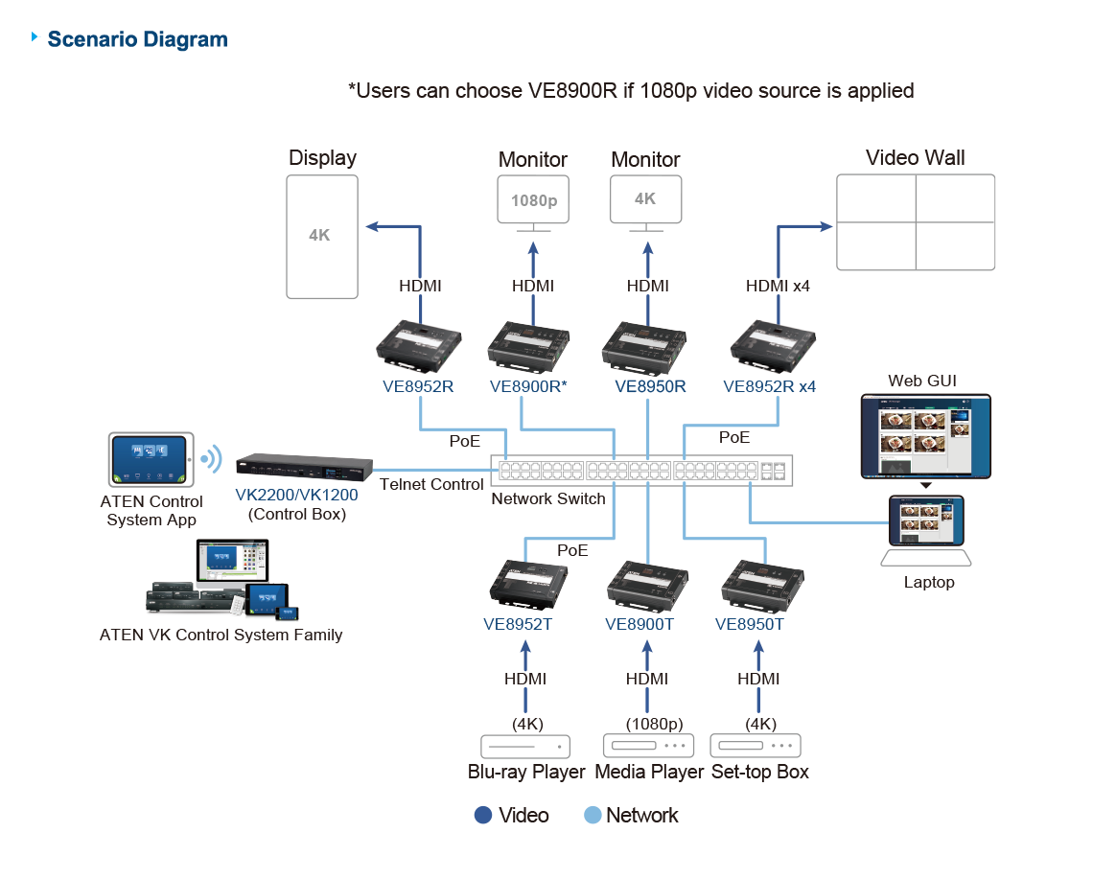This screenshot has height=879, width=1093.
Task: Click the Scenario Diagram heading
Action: tap(137, 40)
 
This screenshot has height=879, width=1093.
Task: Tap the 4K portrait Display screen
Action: tap(322, 236)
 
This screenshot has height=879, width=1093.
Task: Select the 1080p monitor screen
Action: tap(533, 200)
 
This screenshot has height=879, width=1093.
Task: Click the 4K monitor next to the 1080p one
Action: tap(646, 199)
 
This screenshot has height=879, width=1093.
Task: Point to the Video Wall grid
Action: tap(916, 222)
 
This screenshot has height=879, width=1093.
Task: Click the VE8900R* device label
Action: tap(527, 387)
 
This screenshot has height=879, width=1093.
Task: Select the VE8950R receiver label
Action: tap(650, 387)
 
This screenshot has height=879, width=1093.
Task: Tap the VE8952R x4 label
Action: tap(769, 387)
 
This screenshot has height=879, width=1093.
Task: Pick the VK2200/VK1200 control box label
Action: tap(296, 497)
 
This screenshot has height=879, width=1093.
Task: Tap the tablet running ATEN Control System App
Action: tap(151, 459)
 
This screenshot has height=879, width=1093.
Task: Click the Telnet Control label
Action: tap(431, 484)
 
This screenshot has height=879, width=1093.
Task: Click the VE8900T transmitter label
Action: tap(640, 625)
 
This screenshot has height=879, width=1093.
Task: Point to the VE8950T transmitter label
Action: tap(750, 625)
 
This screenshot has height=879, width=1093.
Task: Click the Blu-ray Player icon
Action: tap(525, 746)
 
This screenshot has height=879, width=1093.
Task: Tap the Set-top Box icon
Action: tap(756, 746)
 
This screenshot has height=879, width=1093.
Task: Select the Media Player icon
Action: tap(647, 746)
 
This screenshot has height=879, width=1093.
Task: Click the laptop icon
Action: tap(926, 532)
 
